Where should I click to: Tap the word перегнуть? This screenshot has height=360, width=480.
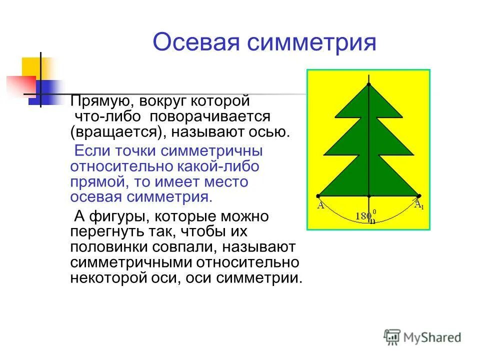pos(106,232)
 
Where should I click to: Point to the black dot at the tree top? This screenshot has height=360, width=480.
pos(369,84)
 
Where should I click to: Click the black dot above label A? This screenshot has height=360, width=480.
pos(318,195)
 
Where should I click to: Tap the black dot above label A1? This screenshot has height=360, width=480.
pos(419,195)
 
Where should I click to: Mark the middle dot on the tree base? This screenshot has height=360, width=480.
pos(369,195)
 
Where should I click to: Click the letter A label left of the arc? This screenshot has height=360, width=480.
pos(320,205)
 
